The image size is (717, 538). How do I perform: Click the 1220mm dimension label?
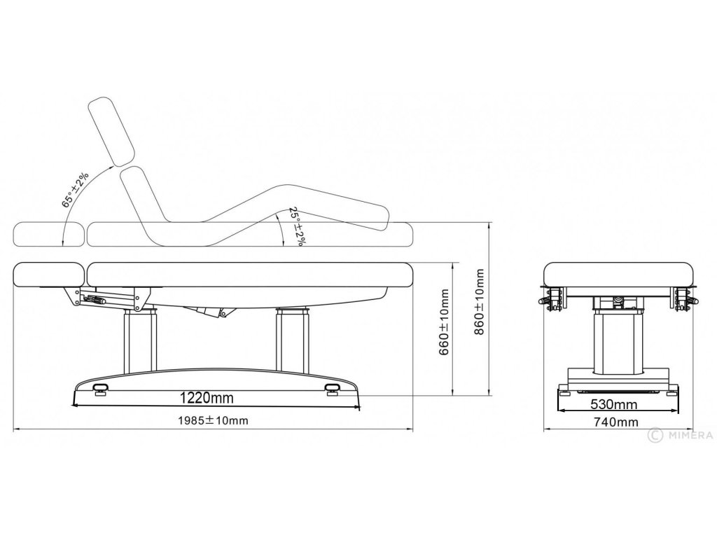coord(206,398)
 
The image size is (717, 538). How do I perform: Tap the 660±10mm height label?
coord(443,331)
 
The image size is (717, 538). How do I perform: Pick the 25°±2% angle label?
coord(297,226)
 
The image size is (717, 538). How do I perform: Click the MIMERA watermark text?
coord(689,435)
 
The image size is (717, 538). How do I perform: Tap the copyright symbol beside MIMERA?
coord(655,435)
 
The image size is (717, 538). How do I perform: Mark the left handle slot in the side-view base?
coord(100,386)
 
